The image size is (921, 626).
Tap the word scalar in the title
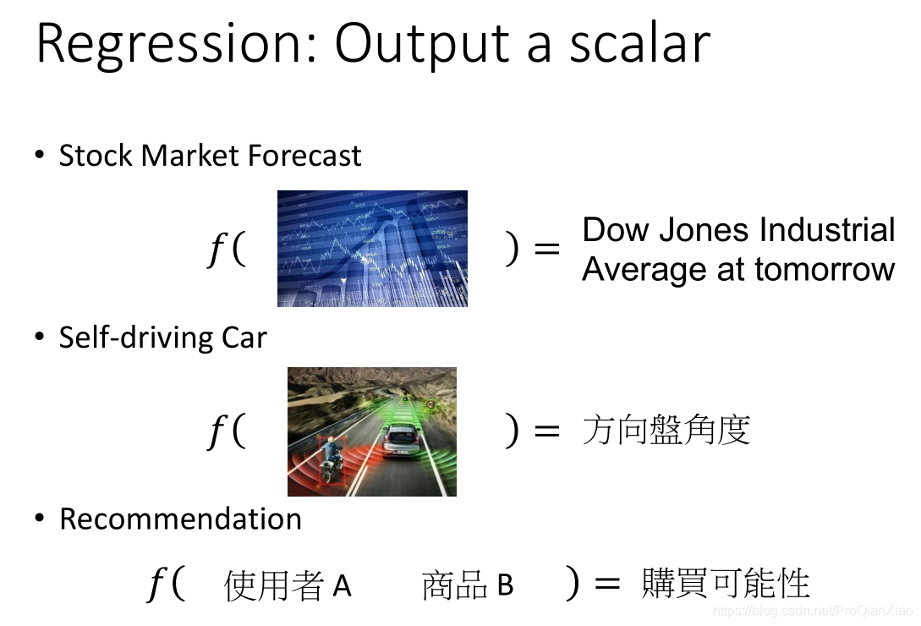639,43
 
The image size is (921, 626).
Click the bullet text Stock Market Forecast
210,156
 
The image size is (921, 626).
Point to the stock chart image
372,248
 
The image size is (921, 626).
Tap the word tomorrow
825,269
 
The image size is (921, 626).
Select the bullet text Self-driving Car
162,338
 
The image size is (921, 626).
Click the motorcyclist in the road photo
331,459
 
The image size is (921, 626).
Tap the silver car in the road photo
401,441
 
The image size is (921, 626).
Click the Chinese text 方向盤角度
666,430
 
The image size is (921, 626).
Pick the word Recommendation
180,519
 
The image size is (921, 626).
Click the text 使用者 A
288,585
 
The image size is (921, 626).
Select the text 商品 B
468,585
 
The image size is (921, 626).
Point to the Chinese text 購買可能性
726,583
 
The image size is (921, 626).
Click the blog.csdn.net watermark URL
813,611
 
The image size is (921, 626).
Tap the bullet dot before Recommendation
40,518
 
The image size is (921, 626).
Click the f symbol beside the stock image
217,249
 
